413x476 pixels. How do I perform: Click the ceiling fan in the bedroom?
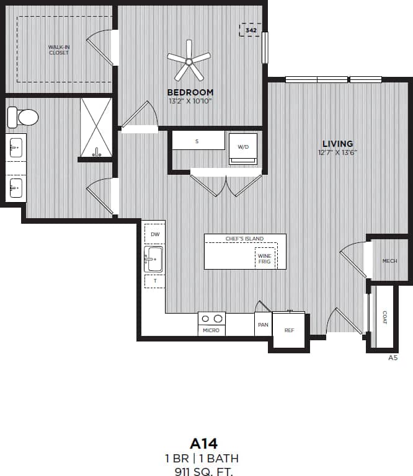189,60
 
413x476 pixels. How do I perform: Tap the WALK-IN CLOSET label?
59,50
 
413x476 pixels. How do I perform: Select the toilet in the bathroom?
22,117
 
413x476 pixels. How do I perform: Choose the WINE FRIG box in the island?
265,258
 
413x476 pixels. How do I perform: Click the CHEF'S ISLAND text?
245,239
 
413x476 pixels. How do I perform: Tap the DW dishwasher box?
154,234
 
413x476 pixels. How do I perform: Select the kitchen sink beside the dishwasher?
153,259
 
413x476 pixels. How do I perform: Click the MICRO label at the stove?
211,330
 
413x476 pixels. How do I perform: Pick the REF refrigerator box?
289,330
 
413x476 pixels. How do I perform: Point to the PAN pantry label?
263,324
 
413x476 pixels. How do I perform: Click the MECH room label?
389,261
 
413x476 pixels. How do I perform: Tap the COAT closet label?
384,317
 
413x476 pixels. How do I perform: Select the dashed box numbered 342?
251,30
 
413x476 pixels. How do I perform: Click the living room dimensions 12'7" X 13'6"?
338,152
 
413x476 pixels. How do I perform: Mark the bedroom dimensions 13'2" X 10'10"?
190,100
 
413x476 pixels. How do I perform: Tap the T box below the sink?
154,281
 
